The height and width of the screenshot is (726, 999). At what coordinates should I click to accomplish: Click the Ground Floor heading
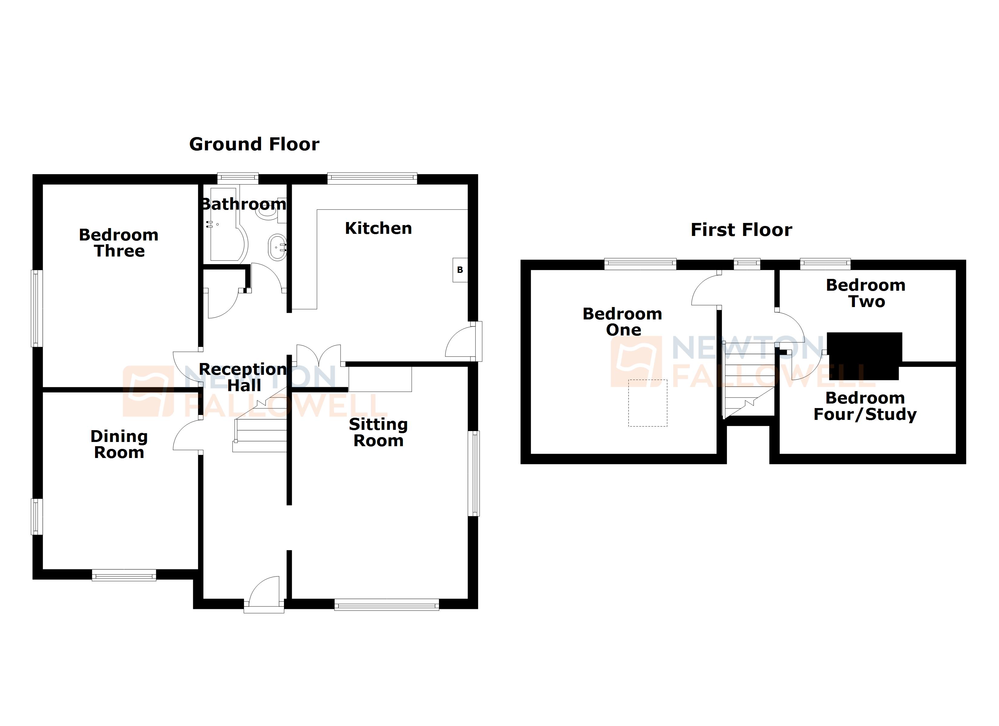click(x=254, y=144)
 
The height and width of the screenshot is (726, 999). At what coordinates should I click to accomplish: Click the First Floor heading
click(x=741, y=230)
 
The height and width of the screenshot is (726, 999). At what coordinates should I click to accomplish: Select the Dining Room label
click(x=119, y=444)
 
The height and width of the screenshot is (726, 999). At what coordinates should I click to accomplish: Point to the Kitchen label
click(x=378, y=228)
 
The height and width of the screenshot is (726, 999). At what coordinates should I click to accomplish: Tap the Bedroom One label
click(x=622, y=322)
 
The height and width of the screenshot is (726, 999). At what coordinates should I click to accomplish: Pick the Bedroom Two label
click(x=865, y=293)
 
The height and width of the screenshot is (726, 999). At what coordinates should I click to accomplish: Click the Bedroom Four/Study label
click(x=865, y=406)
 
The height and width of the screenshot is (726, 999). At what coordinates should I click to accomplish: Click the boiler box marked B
click(x=460, y=270)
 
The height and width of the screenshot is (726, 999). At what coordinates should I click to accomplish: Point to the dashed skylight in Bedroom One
click(x=648, y=403)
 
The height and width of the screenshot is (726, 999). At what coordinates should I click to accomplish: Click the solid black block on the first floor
click(x=864, y=356)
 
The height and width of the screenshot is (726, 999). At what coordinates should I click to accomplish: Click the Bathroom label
click(x=244, y=204)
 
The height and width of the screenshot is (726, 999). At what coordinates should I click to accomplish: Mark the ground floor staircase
click(x=260, y=427)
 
